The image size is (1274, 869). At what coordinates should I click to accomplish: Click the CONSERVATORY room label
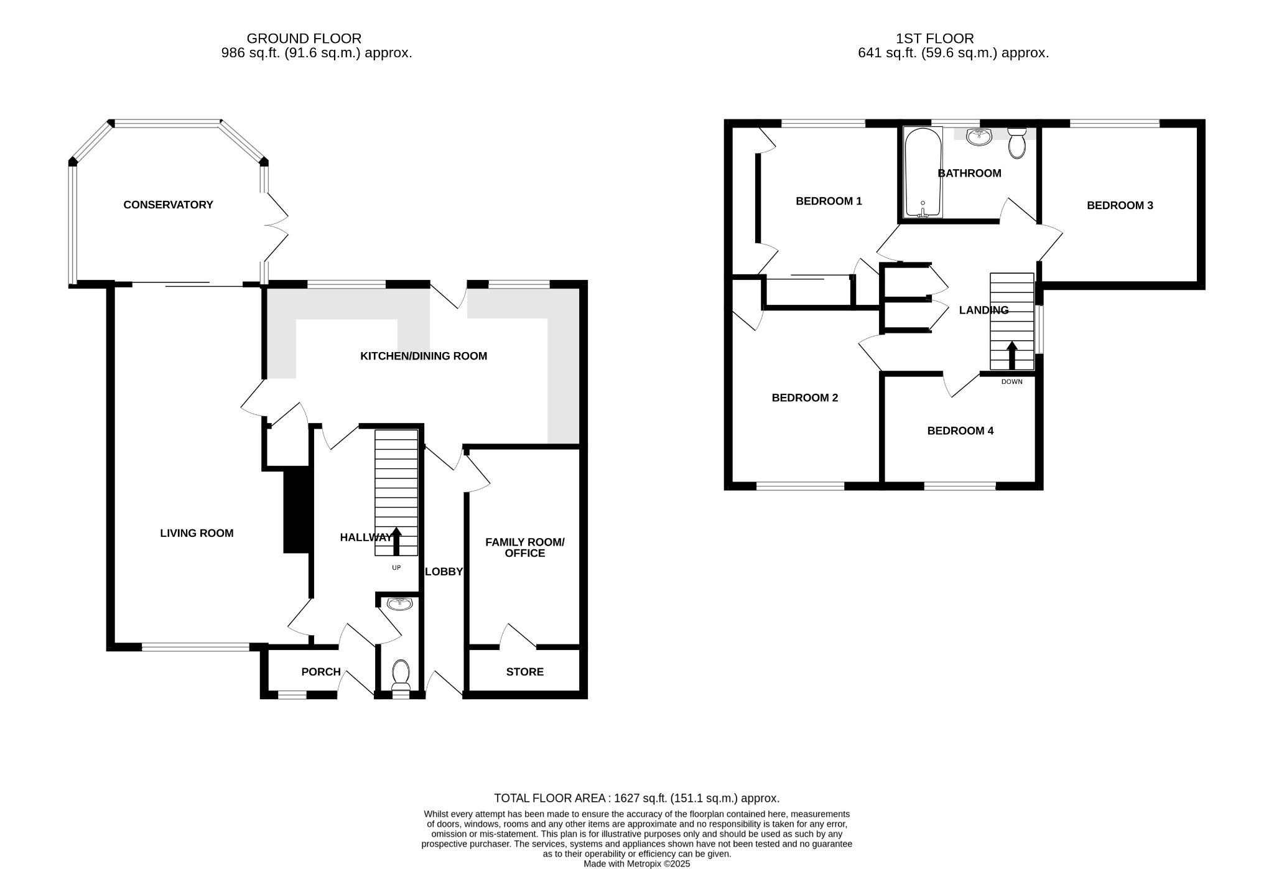tap(168, 205)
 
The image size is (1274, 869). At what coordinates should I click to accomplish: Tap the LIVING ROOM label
tap(197, 533)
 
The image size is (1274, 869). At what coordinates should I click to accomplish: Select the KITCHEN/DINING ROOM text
tap(423, 356)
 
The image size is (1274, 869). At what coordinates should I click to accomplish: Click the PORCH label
tap(321, 672)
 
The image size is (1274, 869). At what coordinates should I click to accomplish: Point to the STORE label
tap(524, 672)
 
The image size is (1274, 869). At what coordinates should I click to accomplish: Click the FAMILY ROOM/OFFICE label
tap(524, 547)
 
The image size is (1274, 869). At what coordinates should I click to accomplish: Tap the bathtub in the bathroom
tap(923, 173)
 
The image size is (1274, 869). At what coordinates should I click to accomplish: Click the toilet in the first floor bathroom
tap(1016, 144)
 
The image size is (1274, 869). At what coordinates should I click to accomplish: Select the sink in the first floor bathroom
tap(979, 137)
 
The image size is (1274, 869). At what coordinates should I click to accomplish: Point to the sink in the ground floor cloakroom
tap(399, 603)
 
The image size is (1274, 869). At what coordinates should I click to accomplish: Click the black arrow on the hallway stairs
tap(396, 541)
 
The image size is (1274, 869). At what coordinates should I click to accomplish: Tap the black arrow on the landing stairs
tap(1011, 355)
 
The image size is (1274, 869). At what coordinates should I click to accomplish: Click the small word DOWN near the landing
tap(1011, 382)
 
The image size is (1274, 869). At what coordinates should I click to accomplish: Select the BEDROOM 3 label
tap(1120, 205)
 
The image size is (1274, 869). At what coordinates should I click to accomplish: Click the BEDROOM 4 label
tap(960, 430)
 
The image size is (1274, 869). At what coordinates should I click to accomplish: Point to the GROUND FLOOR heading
tap(304, 39)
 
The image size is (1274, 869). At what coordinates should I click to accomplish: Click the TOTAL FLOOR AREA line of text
tap(636, 798)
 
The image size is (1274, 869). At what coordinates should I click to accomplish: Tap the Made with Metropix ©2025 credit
tap(636, 864)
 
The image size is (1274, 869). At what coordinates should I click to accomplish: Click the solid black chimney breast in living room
tap(297, 510)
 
